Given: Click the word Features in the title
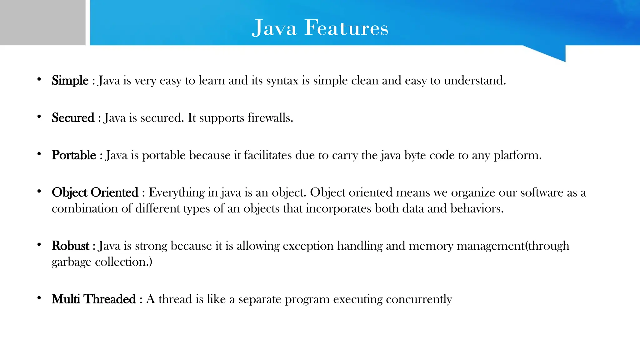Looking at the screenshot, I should (346, 28).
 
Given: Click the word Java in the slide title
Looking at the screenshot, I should (274, 28).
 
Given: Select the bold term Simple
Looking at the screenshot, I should (70, 81).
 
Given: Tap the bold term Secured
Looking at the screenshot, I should (73, 118).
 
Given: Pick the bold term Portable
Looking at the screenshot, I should (74, 155).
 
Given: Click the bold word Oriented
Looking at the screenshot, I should (114, 192).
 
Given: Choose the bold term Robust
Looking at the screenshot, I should (71, 246).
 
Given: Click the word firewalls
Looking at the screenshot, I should (270, 118).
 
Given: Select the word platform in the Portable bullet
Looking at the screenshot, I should (517, 155).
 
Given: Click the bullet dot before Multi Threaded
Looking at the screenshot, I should (39, 298).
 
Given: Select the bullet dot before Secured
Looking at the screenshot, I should (39, 117).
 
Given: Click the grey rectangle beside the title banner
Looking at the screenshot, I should (42, 22).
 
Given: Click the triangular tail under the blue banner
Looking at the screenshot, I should (553, 52).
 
